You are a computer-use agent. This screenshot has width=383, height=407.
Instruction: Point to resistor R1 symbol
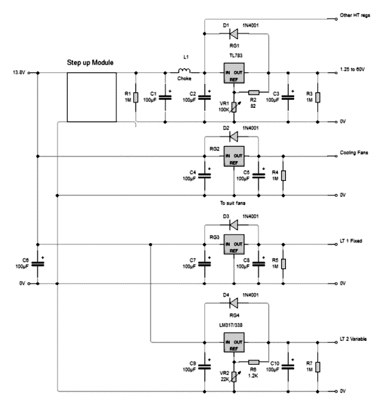coord(136,97)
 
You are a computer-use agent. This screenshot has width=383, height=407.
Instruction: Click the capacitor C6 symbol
coord(38,263)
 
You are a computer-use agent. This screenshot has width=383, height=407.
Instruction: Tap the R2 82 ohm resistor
coord(254,92)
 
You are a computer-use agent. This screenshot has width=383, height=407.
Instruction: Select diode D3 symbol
coord(235,224)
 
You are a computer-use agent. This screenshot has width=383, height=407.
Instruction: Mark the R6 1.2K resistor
coord(254,361)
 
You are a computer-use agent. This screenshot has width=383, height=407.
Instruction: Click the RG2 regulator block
coord(235,158)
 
